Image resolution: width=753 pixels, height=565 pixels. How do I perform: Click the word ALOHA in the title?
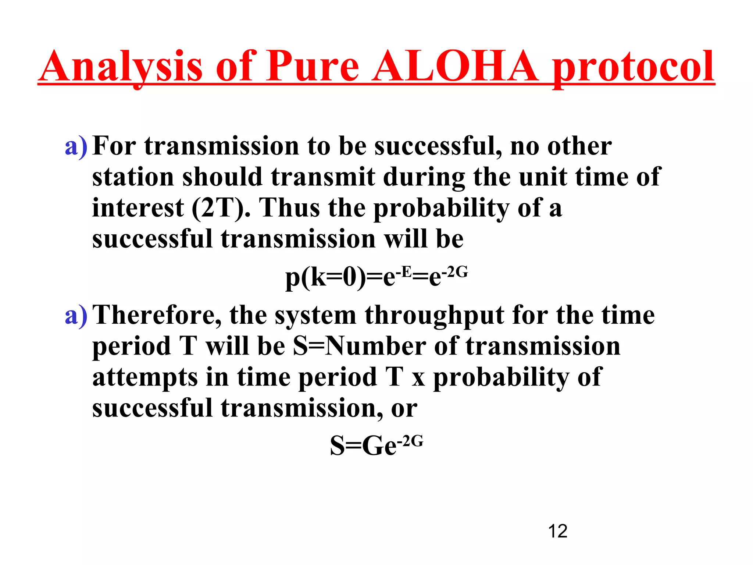(x=455, y=66)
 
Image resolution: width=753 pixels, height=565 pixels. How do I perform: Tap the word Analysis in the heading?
(x=121, y=66)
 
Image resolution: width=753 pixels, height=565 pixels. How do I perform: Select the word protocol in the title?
(x=633, y=68)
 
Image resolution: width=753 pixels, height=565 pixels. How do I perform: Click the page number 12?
(x=557, y=531)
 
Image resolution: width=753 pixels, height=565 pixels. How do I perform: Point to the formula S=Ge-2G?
(x=376, y=445)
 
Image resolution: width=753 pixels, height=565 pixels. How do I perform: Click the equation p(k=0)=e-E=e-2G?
(x=376, y=277)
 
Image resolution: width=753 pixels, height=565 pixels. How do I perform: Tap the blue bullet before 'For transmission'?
(x=76, y=146)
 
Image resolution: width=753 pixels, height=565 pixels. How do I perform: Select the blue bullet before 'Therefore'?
(x=76, y=316)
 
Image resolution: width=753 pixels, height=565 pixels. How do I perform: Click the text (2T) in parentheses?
(x=218, y=209)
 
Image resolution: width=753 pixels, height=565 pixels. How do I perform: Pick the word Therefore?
(x=157, y=316)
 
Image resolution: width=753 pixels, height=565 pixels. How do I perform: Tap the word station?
(x=133, y=177)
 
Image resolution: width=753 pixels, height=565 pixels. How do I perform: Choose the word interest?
(x=138, y=208)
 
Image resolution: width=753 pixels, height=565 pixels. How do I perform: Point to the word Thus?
(x=290, y=208)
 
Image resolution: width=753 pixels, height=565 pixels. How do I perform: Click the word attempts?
(x=145, y=378)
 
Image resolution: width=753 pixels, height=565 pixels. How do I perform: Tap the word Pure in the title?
(x=313, y=66)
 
